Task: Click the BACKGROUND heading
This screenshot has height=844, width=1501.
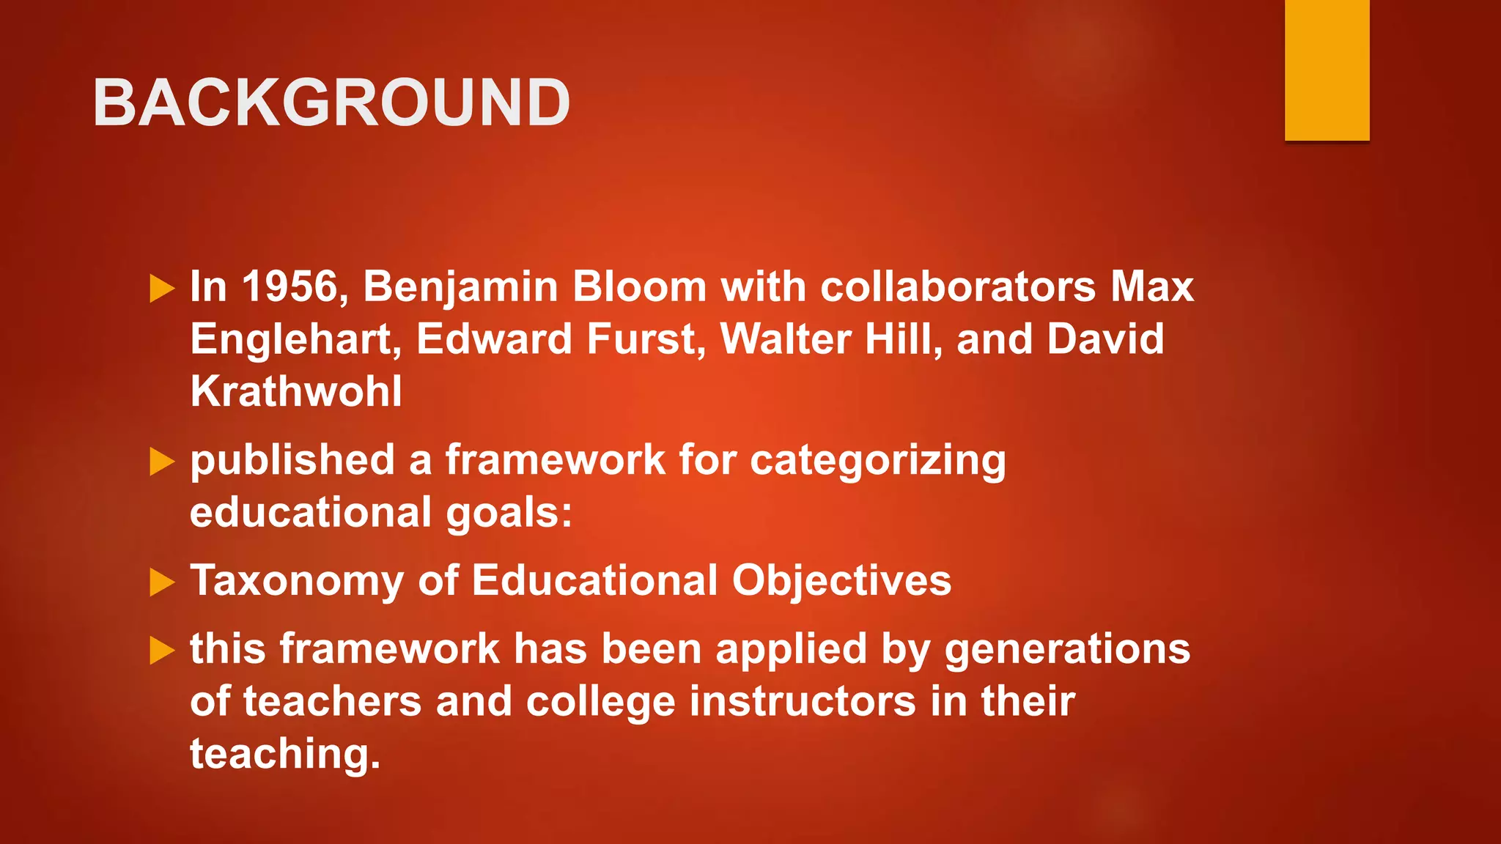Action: [x=331, y=103]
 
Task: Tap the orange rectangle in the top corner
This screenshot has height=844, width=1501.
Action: [x=1327, y=70]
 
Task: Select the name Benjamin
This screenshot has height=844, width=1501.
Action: [x=461, y=286]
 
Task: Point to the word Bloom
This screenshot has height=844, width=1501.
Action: [x=639, y=286]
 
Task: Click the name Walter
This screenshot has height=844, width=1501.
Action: [x=785, y=339]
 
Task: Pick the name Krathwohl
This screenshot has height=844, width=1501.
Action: [x=296, y=391]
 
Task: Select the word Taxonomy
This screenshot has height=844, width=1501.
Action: [x=297, y=582]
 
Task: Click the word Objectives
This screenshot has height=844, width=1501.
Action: [x=841, y=582]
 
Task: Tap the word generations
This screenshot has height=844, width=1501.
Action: [x=1067, y=650]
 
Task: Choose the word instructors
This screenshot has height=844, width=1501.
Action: [x=803, y=701]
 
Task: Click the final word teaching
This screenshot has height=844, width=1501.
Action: [x=285, y=755]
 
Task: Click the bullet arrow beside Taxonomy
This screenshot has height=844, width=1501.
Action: [x=162, y=583]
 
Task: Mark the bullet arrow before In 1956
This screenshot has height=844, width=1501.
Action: [x=162, y=289]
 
